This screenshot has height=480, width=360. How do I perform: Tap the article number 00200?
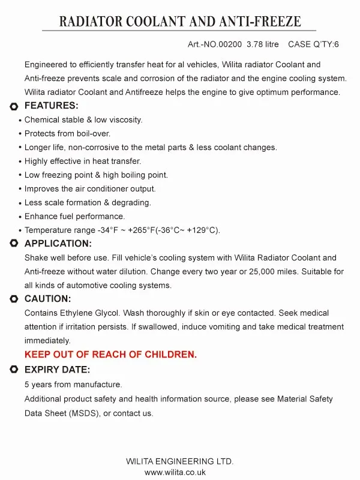point(232,44)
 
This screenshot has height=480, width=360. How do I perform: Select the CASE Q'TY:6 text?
point(314,44)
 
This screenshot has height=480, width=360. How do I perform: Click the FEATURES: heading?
point(51,106)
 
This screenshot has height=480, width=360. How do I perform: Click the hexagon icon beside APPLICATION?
point(14,244)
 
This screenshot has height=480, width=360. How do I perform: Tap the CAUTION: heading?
point(47,299)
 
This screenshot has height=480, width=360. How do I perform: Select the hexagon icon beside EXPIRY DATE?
point(14,370)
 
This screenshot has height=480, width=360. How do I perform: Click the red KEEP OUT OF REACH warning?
point(110,355)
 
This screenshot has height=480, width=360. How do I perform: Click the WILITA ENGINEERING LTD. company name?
point(179,461)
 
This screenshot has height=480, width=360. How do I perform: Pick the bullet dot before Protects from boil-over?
point(20,134)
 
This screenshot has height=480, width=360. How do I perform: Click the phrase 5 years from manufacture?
point(73,385)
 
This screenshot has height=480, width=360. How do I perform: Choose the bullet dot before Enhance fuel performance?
point(20,217)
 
